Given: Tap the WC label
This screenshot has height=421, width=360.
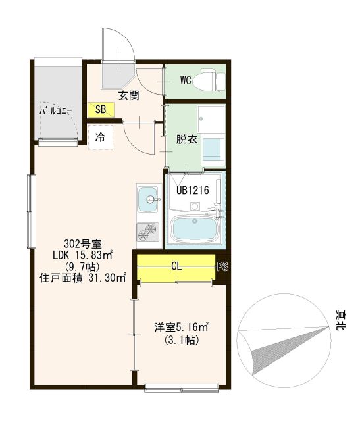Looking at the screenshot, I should coord(185,81).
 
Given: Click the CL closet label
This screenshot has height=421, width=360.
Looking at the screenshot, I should coord(176,266).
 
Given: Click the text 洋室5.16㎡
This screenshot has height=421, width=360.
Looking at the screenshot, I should coord(182,326).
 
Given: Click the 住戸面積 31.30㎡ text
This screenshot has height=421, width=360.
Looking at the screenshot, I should coord(83,278).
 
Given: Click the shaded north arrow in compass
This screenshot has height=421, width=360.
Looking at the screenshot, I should coord(283,345).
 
